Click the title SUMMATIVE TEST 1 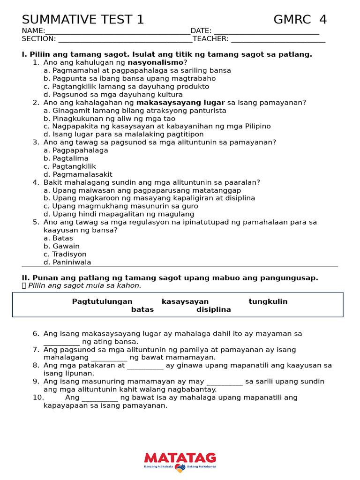[83, 20]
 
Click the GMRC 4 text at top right [300, 20]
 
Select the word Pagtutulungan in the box [102, 301]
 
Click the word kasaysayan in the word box [185, 301]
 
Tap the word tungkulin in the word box [268, 301]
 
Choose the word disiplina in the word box [214, 309]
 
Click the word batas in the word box [142, 309]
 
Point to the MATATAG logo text [180, 457]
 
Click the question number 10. [38, 397]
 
